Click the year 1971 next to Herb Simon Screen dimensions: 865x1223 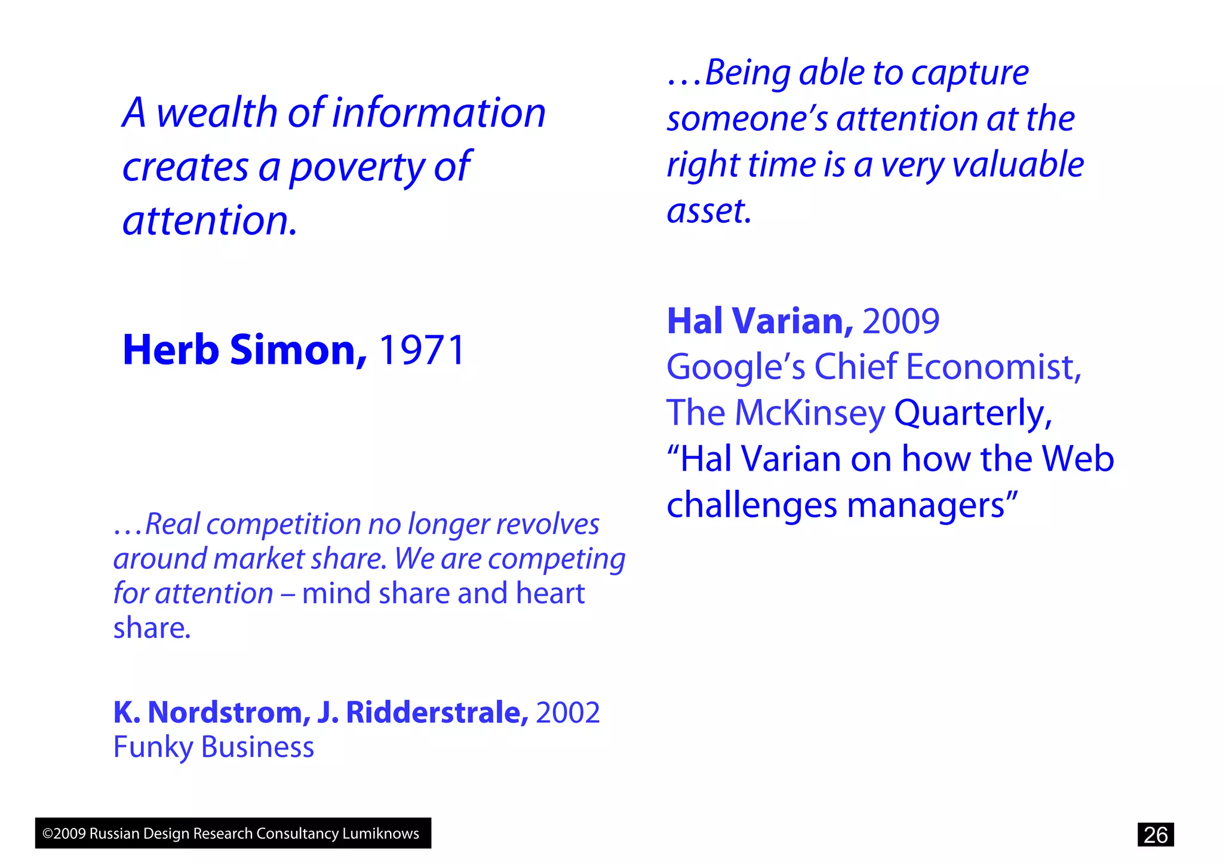click(422, 350)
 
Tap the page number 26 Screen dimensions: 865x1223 click(1155, 835)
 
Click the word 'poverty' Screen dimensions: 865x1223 click(357, 167)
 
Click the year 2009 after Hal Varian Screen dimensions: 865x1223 click(901, 321)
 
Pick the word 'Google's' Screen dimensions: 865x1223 click(735, 367)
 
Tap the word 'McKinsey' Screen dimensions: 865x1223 click(810, 413)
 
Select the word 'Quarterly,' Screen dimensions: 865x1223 click(973, 413)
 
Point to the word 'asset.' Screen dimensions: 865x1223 click(708, 211)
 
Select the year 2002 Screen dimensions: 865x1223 click(568, 713)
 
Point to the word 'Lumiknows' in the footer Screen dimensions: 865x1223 click(380, 833)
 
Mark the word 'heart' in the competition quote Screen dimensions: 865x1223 click(550, 594)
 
